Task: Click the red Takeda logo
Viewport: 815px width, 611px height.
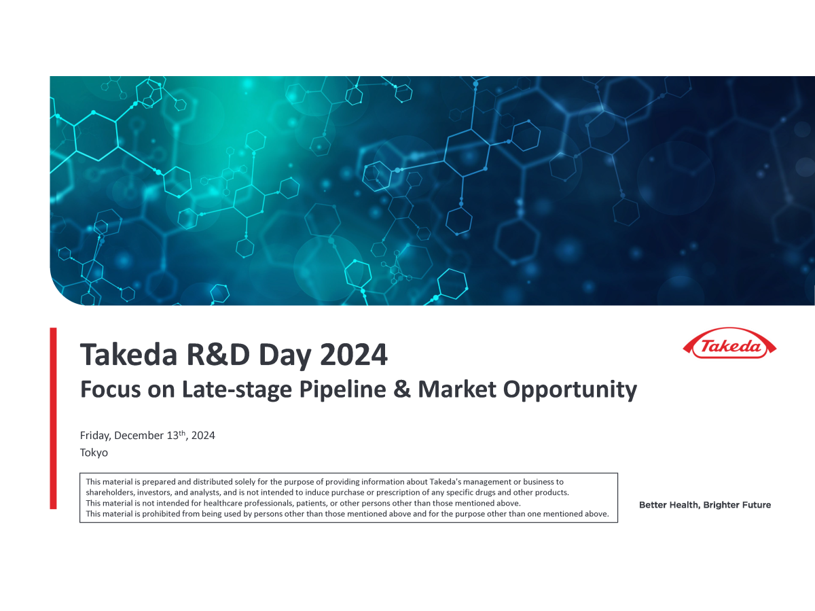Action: [729, 343]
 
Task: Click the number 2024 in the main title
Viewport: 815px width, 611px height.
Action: [353, 354]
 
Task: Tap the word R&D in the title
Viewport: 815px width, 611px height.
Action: [218, 354]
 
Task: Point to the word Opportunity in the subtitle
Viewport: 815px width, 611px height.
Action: [570, 390]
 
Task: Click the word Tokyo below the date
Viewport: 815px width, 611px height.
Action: [94, 453]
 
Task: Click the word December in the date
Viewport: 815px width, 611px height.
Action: [139, 436]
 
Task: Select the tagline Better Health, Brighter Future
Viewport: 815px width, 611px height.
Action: [705, 505]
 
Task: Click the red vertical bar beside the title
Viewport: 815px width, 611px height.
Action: [53, 418]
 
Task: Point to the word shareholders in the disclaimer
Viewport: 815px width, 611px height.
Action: [110, 493]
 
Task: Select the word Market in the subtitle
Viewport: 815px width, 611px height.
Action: [457, 389]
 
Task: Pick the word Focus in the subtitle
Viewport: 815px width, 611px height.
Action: [111, 389]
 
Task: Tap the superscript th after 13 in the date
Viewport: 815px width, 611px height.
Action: [182, 433]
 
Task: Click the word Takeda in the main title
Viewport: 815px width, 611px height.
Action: [129, 354]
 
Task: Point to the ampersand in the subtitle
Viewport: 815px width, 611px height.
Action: [402, 389]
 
